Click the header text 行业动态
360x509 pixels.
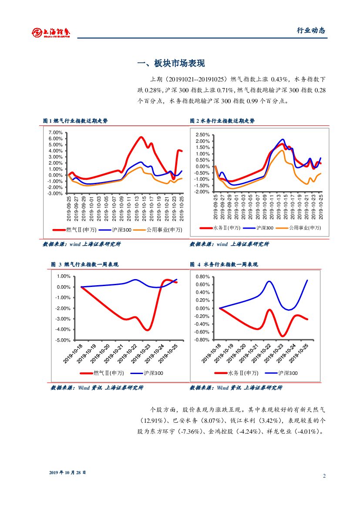coord(311,30)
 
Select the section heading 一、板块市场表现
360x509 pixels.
coord(171,64)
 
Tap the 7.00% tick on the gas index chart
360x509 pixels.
coord(55,132)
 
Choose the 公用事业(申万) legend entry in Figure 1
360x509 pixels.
coord(159,229)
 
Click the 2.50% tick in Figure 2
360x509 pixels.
coord(203,135)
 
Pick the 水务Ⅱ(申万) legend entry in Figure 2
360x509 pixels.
coord(221,228)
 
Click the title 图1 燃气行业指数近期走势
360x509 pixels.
coord(75,121)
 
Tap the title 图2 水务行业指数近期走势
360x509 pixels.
coord(222,121)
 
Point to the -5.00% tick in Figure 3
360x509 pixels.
coord(64,340)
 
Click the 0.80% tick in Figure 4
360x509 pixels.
coord(203,277)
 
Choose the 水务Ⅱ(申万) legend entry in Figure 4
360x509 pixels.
coord(238,373)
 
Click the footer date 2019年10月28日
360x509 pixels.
coord(67,472)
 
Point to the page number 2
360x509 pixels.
coord(324,475)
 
